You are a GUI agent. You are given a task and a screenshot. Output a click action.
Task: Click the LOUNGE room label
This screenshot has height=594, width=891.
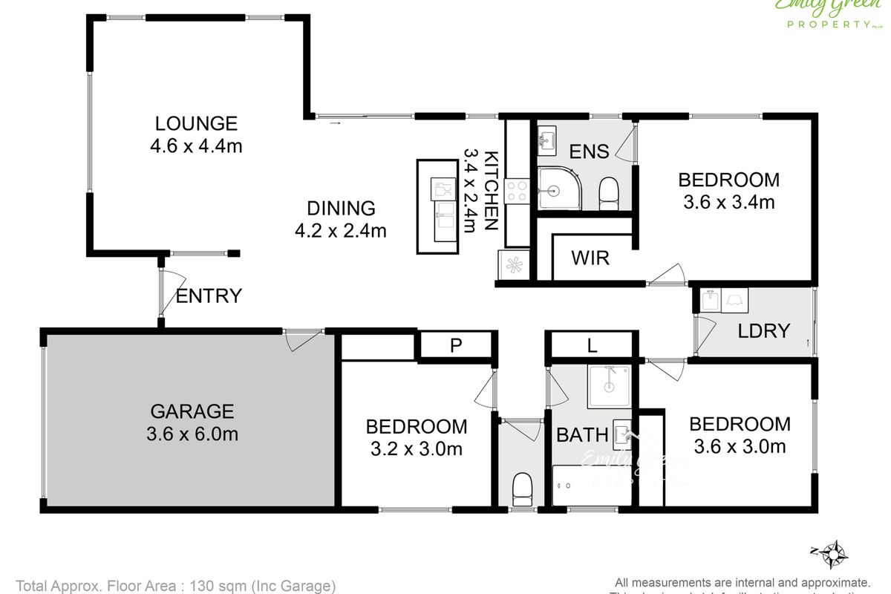pos(196,123)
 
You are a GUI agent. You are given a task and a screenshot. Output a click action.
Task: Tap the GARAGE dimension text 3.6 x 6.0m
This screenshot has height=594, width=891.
pos(192,434)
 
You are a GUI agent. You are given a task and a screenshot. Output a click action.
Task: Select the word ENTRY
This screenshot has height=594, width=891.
pos(209,296)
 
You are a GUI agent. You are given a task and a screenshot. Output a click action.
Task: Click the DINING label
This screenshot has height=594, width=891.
pos(341,209)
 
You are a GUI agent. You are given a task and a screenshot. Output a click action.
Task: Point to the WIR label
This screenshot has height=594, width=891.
pos(590,258)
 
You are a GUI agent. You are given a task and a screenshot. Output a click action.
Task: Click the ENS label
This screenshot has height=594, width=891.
pos(589,152)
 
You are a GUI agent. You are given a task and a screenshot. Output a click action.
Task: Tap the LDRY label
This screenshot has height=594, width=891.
pos(763,331)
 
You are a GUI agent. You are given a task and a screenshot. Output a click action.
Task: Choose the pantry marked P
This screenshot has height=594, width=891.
pos(456,345)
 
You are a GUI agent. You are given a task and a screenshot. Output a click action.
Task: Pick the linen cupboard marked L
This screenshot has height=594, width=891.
pos(591,345)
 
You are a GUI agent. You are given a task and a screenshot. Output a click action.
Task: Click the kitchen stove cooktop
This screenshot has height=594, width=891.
pos(516,192)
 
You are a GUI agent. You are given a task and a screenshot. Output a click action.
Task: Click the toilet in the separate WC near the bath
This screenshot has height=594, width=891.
pos(523,489)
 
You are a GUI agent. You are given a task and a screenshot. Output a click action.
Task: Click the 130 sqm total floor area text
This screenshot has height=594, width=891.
pos(176,585)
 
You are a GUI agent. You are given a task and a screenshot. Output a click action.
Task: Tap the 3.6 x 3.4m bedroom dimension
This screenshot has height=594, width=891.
pos(728,201)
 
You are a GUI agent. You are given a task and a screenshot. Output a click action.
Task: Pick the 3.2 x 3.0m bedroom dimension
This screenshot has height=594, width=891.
pos(417,448)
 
